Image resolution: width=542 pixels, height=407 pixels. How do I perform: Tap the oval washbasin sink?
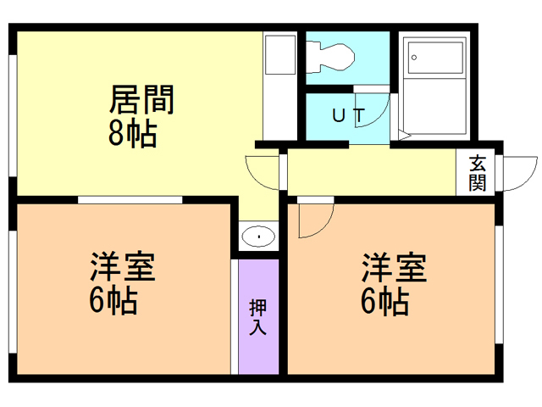point(257,236)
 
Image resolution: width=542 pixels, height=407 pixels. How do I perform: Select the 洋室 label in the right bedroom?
point(394,268)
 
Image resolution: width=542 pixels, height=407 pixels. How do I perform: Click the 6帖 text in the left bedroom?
point(113,301)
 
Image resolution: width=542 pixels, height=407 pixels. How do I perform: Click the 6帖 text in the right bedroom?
point(385,301)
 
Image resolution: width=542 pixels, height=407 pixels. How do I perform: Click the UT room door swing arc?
point(373,111)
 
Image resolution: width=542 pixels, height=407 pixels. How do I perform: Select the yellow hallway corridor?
point(373,173)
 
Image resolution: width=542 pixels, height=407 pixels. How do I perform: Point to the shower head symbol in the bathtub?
point(414,57)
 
